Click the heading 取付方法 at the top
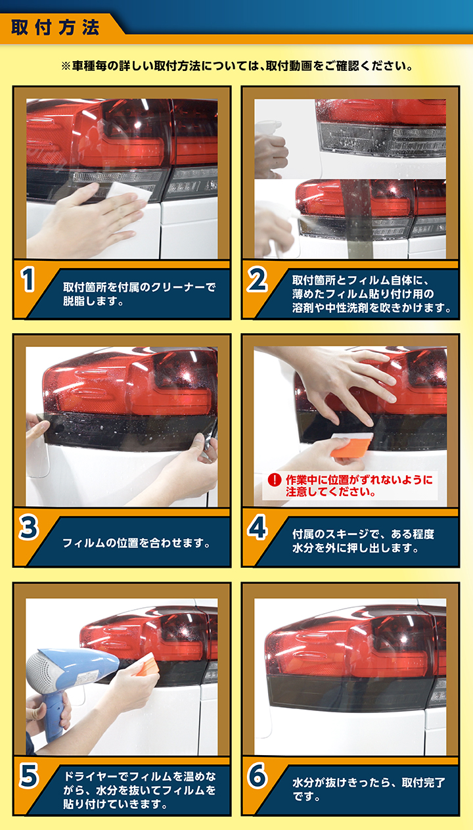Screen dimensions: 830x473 55,28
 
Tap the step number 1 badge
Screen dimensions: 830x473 28,281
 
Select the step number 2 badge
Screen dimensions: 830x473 257,281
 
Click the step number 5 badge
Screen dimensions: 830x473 28,777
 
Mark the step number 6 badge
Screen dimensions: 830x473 257,777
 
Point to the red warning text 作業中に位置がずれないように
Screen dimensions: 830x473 359,480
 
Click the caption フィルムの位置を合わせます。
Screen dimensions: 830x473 136,543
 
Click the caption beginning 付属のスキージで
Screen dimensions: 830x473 363,542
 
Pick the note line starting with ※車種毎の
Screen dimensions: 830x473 236,66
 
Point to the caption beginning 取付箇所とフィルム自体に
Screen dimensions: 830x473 371,294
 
